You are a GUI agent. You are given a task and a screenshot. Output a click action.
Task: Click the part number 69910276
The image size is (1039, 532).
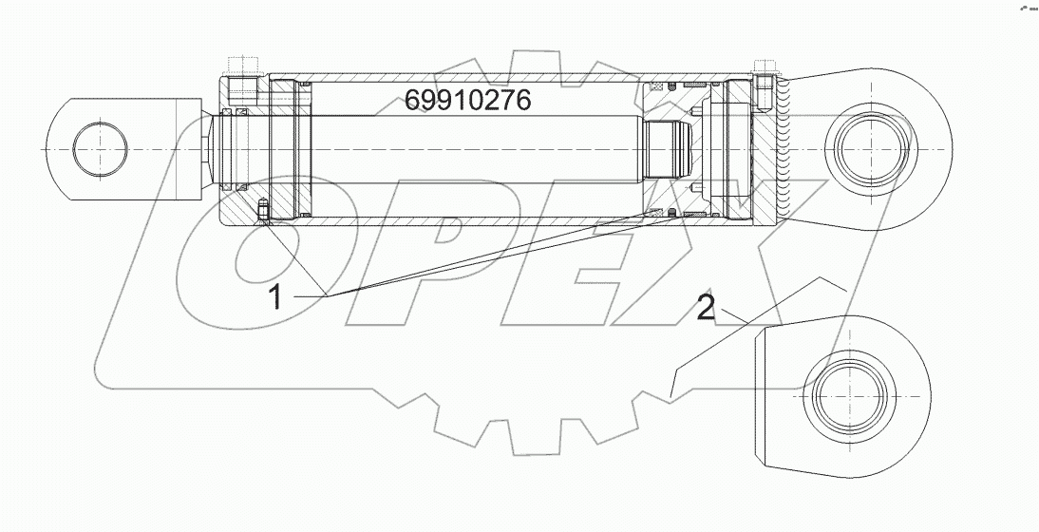467,100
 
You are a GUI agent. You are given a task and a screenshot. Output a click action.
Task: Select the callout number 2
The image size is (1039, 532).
706,307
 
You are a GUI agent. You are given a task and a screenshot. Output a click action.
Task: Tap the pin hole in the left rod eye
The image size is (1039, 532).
98,149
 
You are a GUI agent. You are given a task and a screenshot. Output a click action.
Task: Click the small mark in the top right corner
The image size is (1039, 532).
1027,8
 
